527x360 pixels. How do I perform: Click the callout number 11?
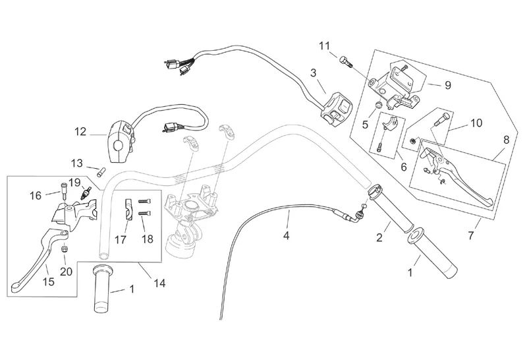(323, 45)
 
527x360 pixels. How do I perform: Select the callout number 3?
(314, 73)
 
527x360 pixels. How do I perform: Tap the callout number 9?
(448, 85)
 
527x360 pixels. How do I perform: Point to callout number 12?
(80, 131)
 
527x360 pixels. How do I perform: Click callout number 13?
(77, 163)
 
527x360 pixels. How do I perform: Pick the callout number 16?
(35, 195)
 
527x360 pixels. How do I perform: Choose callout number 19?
(74, 182)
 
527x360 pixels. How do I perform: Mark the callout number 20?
(65, 270)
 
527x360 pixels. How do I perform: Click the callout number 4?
(286, 235)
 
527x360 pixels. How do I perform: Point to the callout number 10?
(457, 123)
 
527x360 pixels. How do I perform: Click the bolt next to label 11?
(346, 61)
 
